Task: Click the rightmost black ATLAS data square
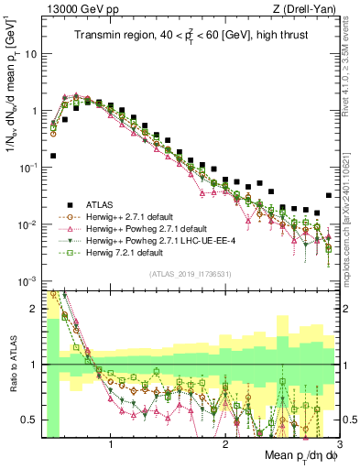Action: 329,195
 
